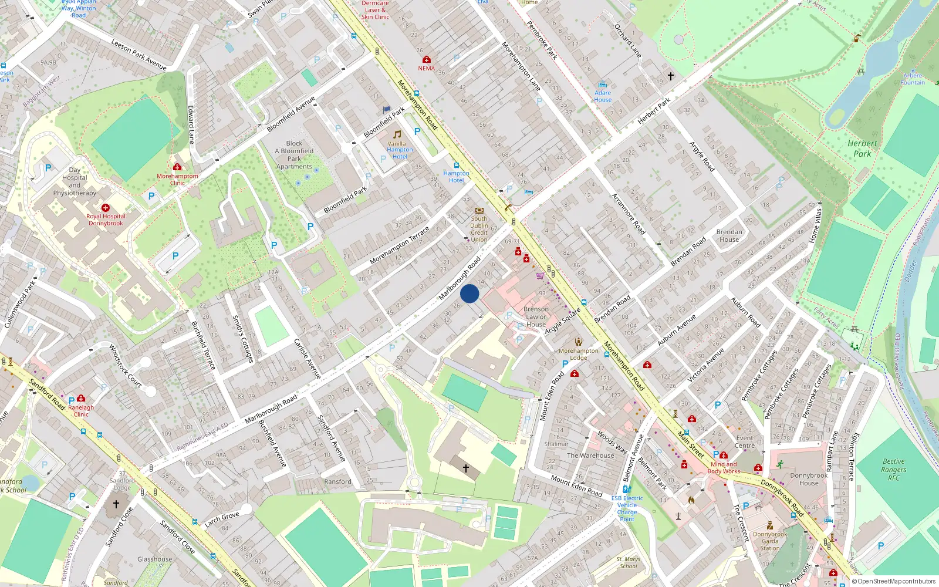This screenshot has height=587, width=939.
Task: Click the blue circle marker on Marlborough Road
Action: tap(469, 293)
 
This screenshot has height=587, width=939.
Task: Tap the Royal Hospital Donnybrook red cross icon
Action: tap(106, 208)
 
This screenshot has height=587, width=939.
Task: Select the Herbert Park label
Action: tap(862, 149)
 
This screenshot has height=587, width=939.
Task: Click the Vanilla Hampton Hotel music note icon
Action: tap(397, 134)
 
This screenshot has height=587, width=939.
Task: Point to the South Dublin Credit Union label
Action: tap(479, 229)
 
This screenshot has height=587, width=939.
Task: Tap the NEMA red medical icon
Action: tap(427, 60)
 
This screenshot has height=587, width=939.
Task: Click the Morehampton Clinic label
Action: tap(177, 179)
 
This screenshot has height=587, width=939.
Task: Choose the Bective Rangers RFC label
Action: tap(893, 470)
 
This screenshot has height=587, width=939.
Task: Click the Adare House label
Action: tap(603, 96)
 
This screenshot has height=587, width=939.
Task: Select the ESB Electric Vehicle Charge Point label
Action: tap(627, 508)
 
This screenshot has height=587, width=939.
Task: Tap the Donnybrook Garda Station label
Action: tap(770, 541)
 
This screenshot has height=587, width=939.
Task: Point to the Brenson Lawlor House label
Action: tap(536, 316)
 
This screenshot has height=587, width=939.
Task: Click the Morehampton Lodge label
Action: tap(578, 354)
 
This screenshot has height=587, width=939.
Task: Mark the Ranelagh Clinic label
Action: tap(81, 411)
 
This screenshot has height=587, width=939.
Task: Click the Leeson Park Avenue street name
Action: tap(139, 55)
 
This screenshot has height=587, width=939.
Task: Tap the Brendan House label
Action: tap(729, 235)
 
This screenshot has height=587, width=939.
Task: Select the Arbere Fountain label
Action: tap(913, 79)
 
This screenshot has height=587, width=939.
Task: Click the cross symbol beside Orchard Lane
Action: tap(671, 76)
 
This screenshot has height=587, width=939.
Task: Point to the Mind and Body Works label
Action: tap(724, 467)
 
